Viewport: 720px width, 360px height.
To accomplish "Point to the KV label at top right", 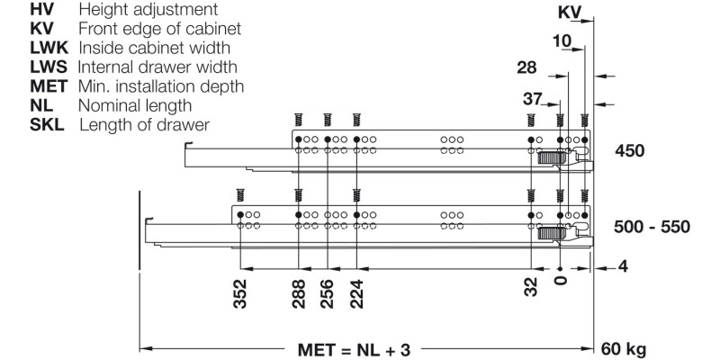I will [x=571, y=13].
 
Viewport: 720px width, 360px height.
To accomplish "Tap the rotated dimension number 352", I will [x=240, y=292].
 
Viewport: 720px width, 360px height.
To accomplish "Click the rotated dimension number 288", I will [x=298, y=292].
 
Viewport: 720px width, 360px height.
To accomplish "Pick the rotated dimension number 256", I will [x=328, y=292].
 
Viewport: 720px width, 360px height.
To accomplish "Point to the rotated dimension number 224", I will [x=357, y=292].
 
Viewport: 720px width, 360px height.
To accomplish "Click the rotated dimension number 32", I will [x=531, y=286].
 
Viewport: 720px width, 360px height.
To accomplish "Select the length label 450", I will [x=629, y=150].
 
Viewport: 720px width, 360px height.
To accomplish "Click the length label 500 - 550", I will [x=652, y=226].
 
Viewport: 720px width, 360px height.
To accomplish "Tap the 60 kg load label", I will [x=622, y=347].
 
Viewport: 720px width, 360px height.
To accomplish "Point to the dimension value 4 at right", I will [x=624, y=267].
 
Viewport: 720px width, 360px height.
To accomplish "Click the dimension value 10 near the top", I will [x=562, y=40].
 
